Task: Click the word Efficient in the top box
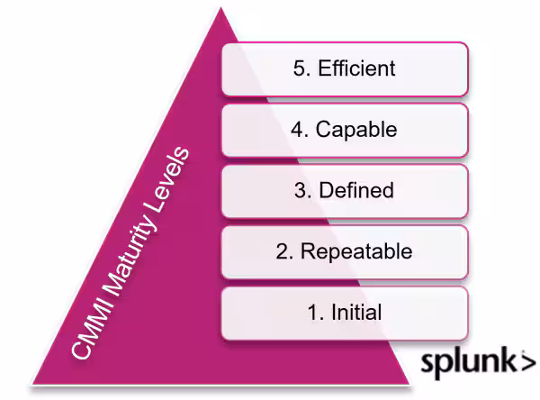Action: pos(356,68)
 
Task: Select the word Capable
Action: pos(356,130)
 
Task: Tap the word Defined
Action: pos(355,191)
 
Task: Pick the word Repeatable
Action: pos(356,252)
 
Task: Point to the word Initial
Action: pos(357,313)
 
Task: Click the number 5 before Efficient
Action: pos(299,68)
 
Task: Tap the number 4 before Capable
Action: pos(296,130)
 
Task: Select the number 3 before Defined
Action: pos(301,191)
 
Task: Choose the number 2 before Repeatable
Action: pos(281,252)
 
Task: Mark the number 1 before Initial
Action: pos(312,313)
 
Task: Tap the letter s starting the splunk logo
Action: pos(428,363)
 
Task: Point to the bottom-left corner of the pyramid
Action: pos(34,386)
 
